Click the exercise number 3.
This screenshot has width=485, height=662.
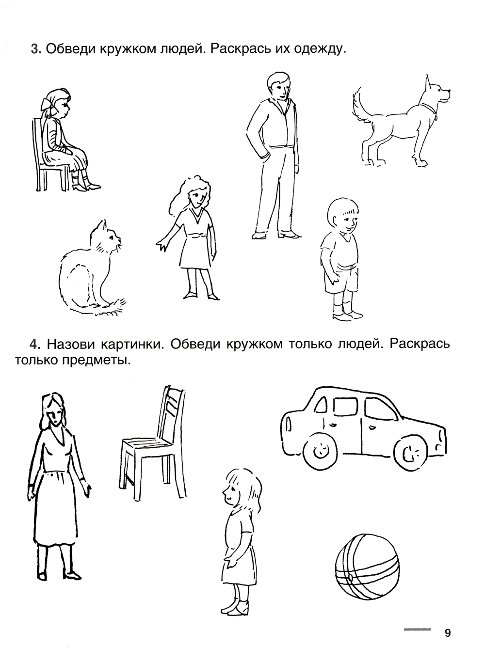point(36,49)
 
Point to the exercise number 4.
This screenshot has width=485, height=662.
point(34,344)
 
